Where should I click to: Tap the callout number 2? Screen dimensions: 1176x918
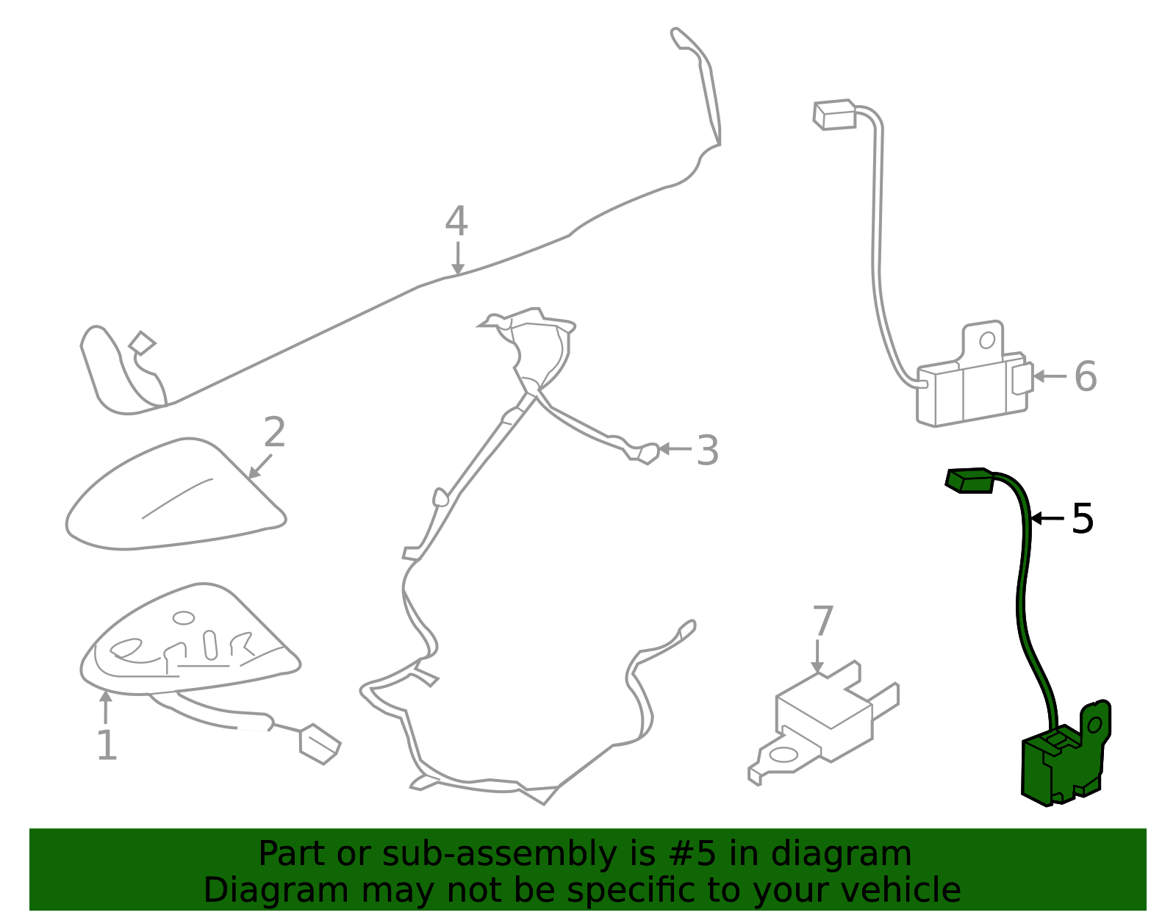(x=275, y=431)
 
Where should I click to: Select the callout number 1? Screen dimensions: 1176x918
(x=107, y=745)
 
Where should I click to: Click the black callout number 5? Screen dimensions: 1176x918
(x=1083, y=519)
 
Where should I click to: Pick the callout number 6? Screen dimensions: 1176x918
(x=1086, y=376)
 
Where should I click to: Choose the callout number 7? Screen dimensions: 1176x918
(x=823, y=621)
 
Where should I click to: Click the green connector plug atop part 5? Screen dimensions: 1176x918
(x=969, y=481)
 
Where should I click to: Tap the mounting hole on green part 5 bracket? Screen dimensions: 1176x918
(x=1094, y=725)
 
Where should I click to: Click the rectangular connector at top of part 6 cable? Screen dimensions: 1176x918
(x=834, y=115)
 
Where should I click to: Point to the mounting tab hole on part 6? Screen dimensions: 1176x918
(x=987, y=340)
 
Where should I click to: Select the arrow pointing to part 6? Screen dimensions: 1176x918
(x=1050, y=376)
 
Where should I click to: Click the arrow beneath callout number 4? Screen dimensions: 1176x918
(x=458, y=259)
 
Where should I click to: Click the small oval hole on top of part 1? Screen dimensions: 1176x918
(x=184, y=618)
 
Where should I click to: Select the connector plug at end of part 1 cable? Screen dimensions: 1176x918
(x=320, y=745)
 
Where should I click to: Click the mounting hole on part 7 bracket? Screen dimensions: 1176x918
(x=784, y=755)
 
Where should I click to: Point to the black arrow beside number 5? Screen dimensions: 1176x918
(x=1047, y=518)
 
